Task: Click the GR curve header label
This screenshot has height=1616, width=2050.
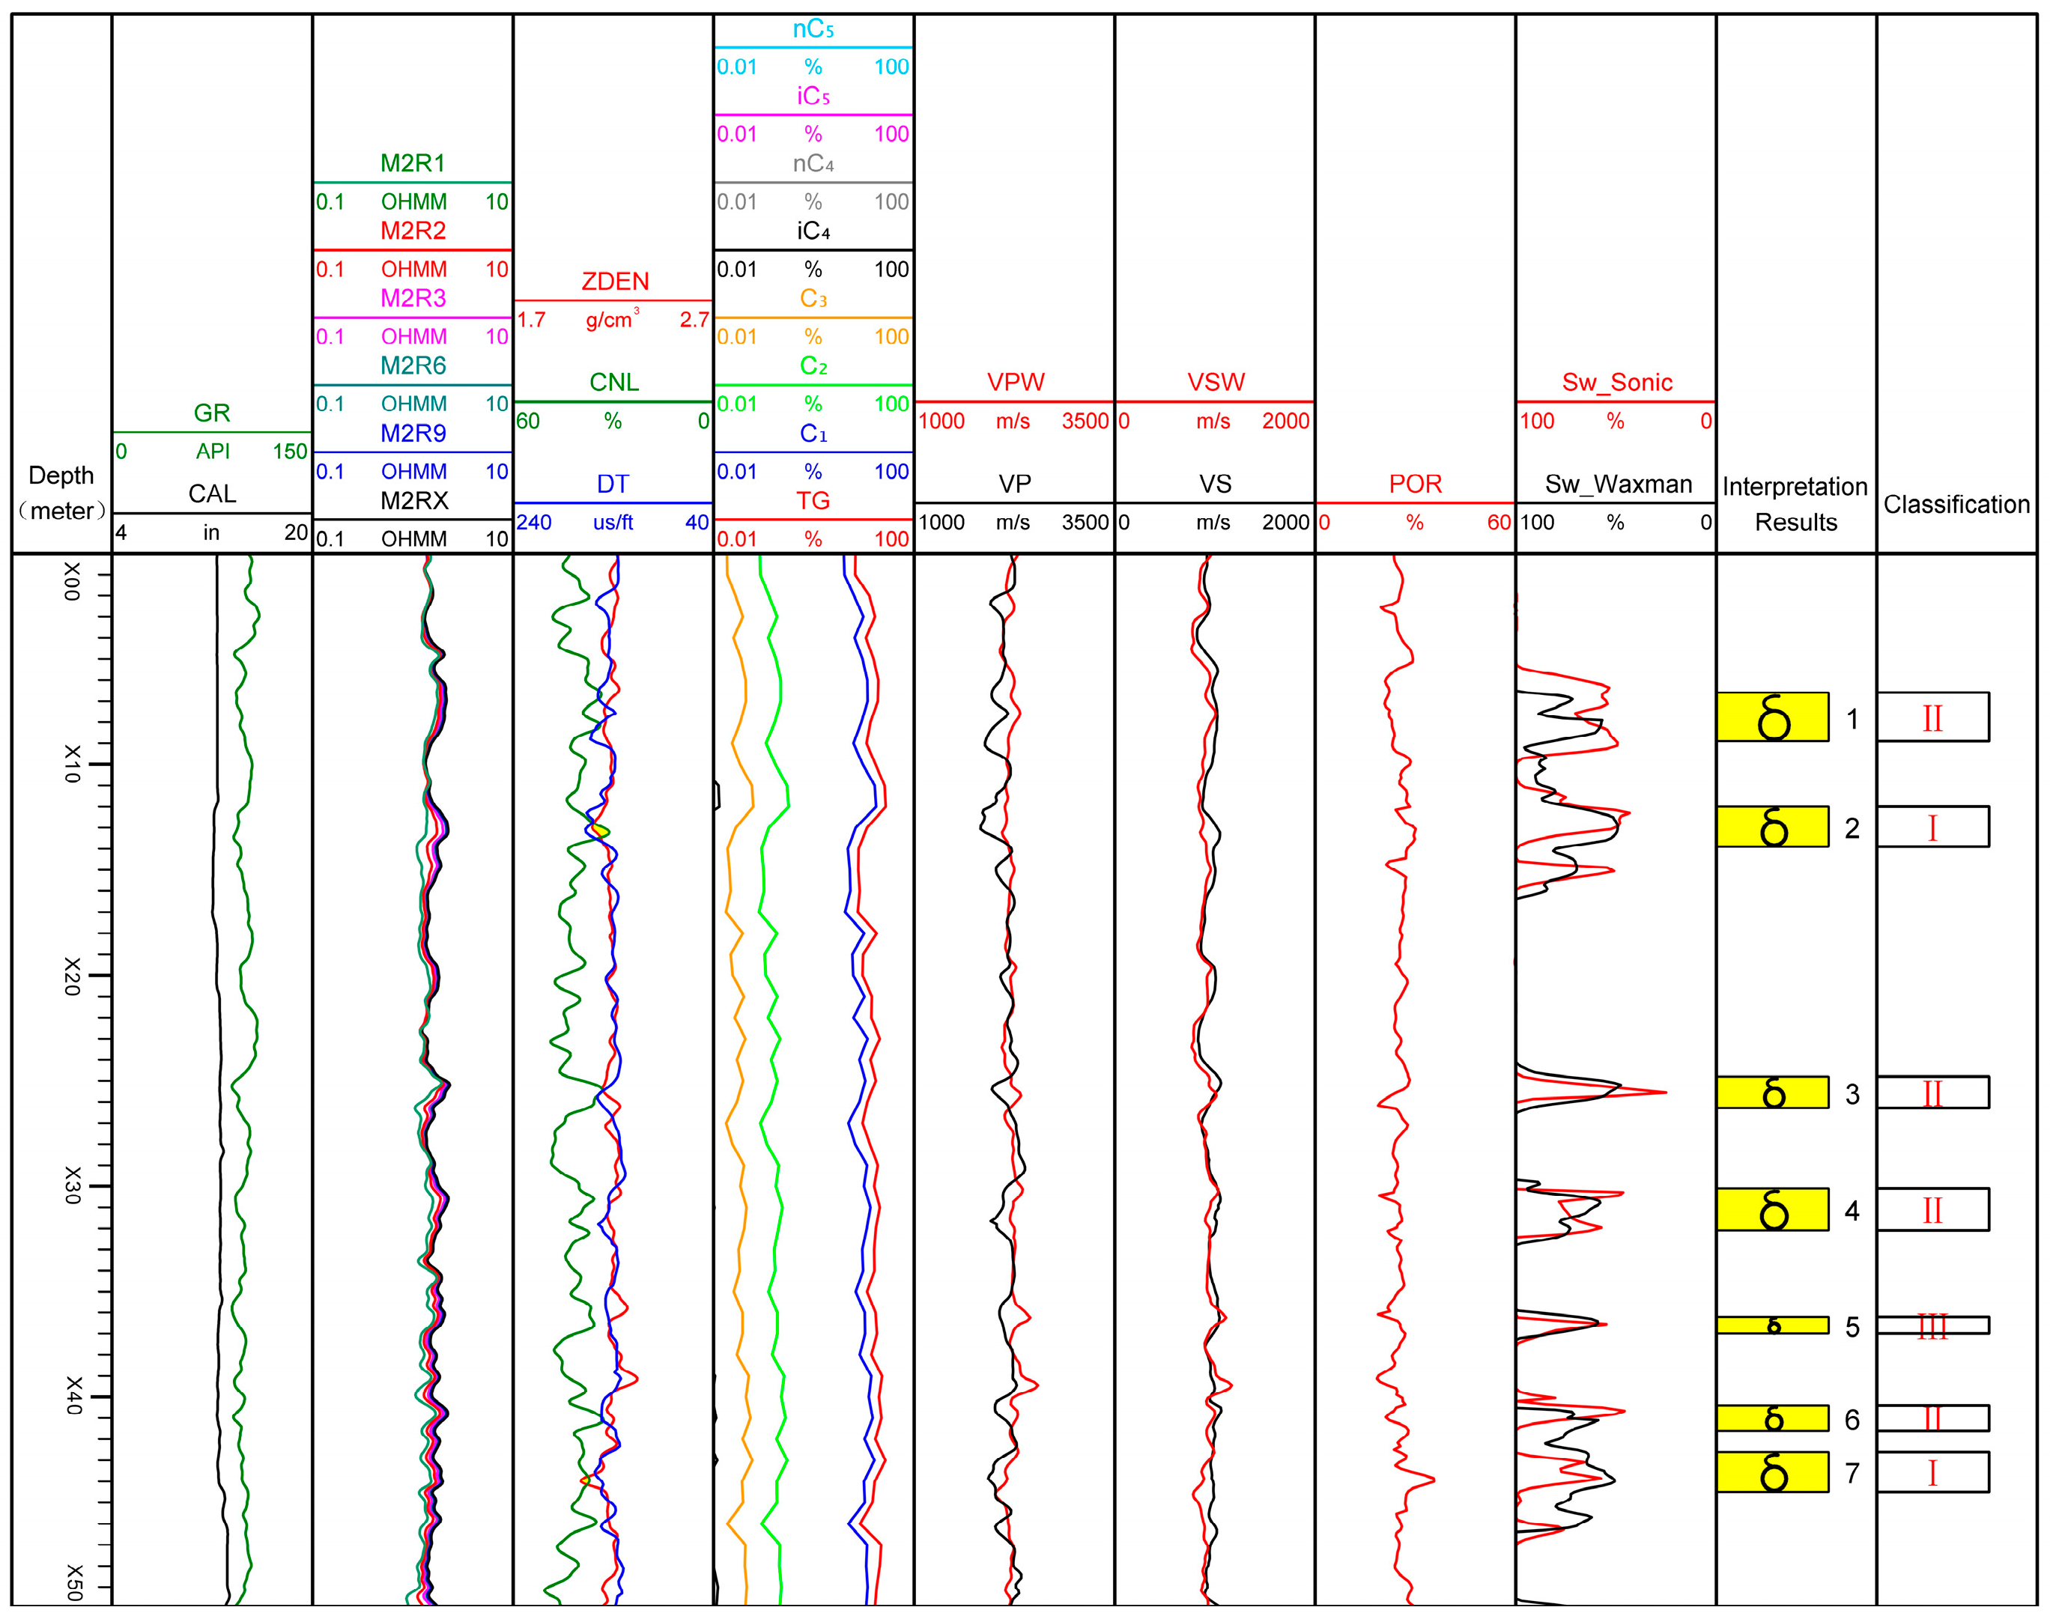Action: coord(211,413)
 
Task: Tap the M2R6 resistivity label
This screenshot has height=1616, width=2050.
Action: coord(413,365)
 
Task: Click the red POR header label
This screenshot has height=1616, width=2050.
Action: coord(1415,484)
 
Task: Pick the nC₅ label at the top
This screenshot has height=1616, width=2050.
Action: coord(813,29)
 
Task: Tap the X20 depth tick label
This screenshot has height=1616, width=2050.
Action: coord(72,976)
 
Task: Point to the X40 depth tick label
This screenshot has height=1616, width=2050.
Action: coord(72,1396)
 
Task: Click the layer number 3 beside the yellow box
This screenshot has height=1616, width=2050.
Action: coord(1852,1095)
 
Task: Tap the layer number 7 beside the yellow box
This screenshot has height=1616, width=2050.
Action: coord(1852,1473)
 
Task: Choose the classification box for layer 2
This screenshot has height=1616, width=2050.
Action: coord(1932,827)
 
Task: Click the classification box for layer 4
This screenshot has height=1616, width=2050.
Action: coord(1932,1210)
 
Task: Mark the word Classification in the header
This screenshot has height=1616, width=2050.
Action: coord(1956,504)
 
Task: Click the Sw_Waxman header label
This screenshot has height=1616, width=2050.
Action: coord(1618,484)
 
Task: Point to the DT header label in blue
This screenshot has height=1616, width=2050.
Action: coord(613,484)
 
